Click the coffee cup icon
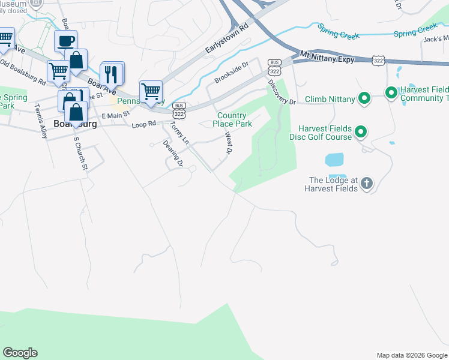pyautogui.click(x=65, y=41)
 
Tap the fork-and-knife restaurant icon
pyautogui.click(x=112, y=74)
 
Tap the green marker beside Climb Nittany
pyautogui.click(x=364, y=98)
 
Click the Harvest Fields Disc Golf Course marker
pyautogui.click(x=361, y=131)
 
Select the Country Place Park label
pyautogui.click(x=232, y=119)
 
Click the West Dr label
pyautogui.click(x=228, y=143)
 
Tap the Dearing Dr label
pyautogui.click(x=172, y=154)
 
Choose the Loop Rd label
pyautogui.click(x=143, y=124)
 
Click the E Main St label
pyautogui.click(x=115, y=115)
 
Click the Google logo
pyautogui.click(x=20, y=353)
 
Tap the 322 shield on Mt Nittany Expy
pyautogui.click(x=379, y=61)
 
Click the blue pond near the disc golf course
pyautogui.click(x=334, y=160)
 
